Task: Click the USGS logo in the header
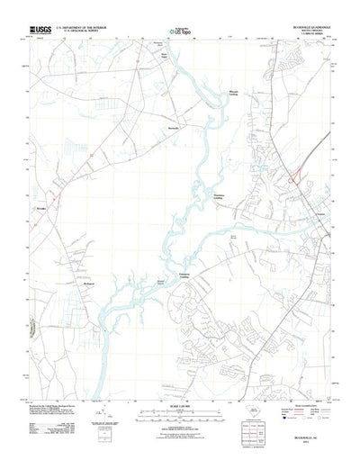39,30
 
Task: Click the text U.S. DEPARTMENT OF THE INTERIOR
85,28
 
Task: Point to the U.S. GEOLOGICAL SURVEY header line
85,32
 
